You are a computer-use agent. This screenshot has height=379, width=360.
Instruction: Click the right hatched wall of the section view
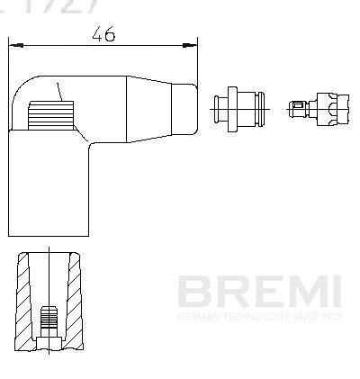(76, 297)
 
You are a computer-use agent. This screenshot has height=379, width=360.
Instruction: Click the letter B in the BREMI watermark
(193, 292)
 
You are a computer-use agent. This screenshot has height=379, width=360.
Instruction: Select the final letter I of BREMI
(334, 292)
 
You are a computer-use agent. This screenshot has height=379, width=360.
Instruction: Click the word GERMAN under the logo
(194, 317)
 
